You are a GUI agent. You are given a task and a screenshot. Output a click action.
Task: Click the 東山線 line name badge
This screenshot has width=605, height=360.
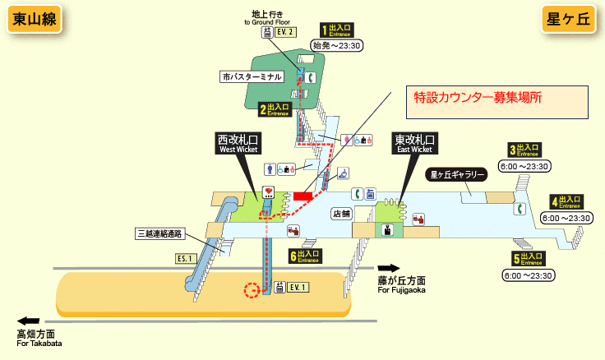34,20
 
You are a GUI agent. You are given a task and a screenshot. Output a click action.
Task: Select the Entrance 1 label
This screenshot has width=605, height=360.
336,31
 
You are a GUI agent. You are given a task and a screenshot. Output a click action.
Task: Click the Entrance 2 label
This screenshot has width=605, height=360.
275,108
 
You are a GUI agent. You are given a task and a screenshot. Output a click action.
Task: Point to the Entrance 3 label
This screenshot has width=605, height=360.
523,150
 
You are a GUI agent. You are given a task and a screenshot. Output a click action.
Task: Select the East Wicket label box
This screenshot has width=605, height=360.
413,144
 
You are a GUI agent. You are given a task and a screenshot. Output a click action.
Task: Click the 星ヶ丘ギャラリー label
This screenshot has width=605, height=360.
458,174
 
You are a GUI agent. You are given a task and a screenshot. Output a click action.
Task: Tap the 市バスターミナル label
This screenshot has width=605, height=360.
252,76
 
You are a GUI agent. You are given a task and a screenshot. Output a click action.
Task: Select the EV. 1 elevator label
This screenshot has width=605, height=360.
297,287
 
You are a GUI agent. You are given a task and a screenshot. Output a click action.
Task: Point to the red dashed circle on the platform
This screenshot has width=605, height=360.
252,290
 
